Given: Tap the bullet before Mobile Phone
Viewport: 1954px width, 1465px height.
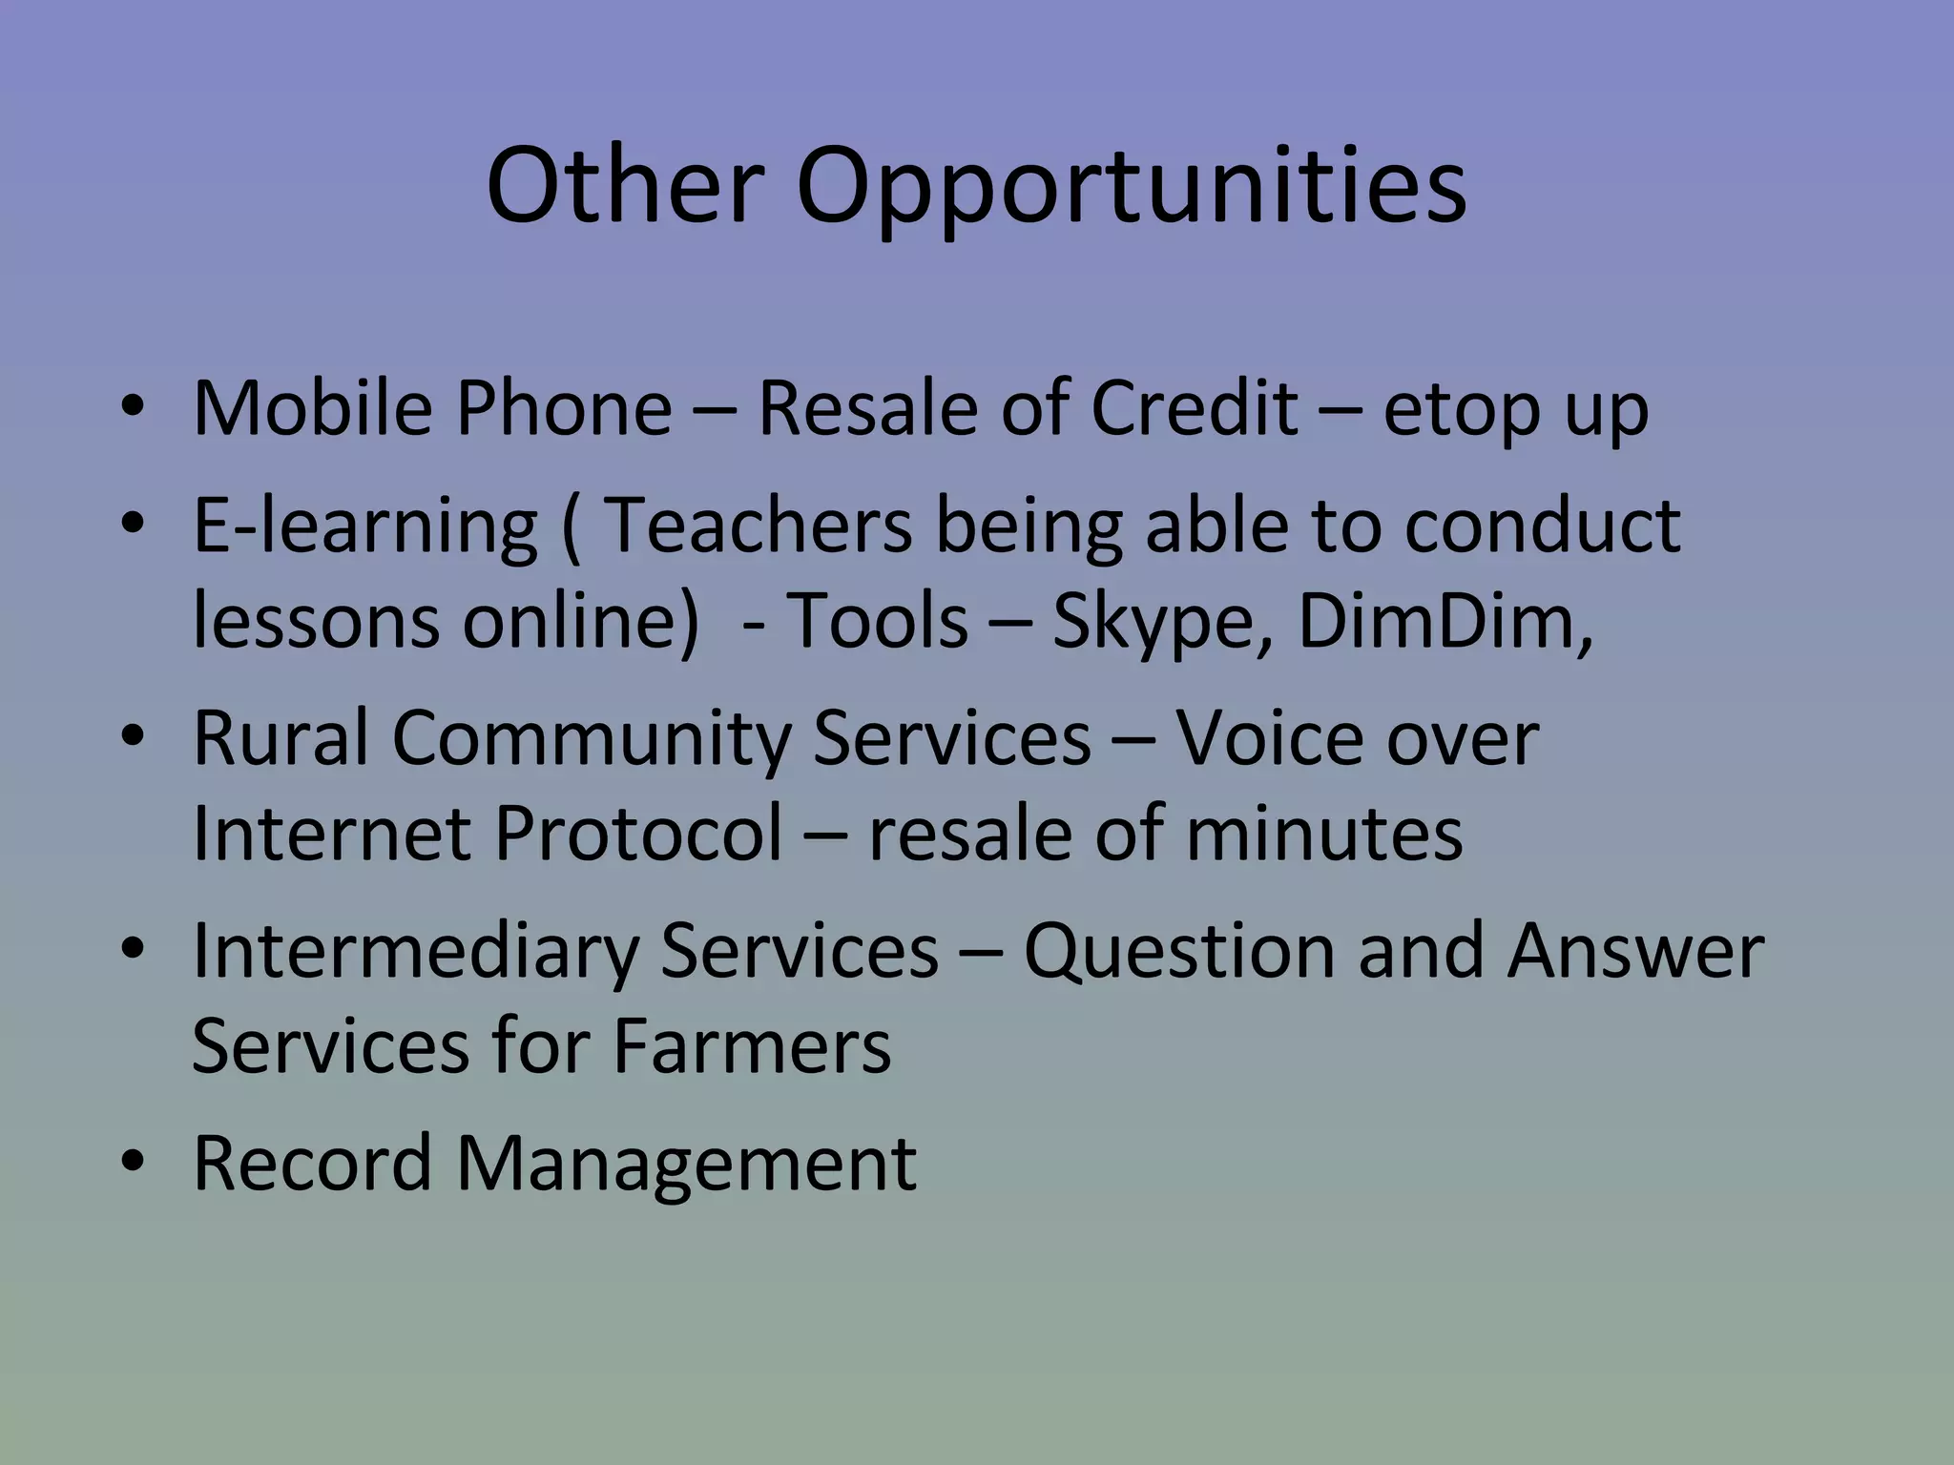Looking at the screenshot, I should pos(133,408).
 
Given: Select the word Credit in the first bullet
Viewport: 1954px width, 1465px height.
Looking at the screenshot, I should pos(1194,408).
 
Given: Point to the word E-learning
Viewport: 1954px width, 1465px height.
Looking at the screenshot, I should pos(364,526).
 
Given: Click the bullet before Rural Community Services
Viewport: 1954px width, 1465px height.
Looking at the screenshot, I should pos(133,737).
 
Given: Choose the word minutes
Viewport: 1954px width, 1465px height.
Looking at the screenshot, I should pos(1324,833).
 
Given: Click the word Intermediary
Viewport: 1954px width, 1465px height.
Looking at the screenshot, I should pos(414,951).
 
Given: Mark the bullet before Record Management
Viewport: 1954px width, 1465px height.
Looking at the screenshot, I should pos(133,1163).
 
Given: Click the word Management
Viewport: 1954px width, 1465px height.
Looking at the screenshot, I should pos(685,1165).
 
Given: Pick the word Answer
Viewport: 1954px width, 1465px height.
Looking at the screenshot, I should pos(1635,951).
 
